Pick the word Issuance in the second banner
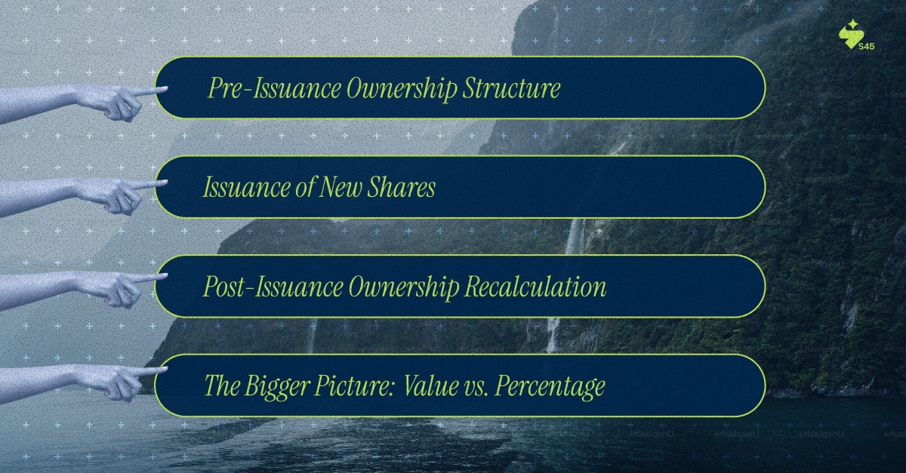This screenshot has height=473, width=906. pos(243,188)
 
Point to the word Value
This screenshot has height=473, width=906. pos(428,386)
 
